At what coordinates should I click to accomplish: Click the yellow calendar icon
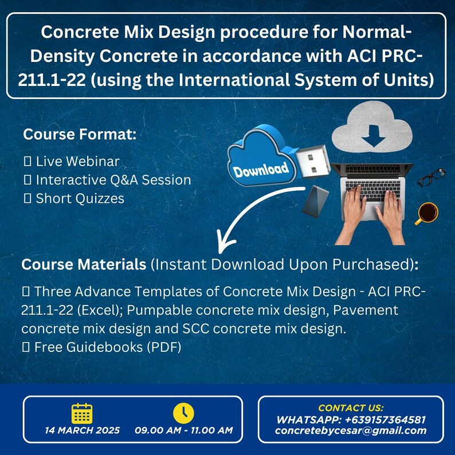point(82,413)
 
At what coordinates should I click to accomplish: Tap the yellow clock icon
point(183,413)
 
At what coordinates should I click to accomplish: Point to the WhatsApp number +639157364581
point(351,419)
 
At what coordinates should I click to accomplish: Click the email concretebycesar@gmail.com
point(351,431)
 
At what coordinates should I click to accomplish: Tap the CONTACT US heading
point(351,408)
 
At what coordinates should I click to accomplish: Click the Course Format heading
point(80,135)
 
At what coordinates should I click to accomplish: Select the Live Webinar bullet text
point(77,162)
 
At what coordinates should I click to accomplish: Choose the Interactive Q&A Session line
point(113,180)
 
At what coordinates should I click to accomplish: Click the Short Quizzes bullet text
point(80,198)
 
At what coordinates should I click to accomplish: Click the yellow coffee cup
point(426,213)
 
